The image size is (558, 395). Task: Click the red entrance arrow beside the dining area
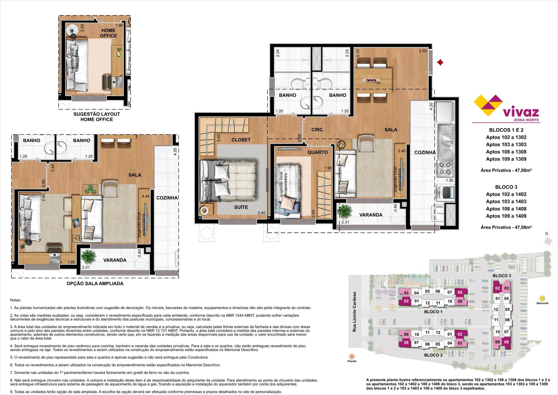coord(440,62)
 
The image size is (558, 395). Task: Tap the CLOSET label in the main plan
coord(241,140)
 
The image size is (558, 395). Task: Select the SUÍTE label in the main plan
coord(241,207)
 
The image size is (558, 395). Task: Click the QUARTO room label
coord(318,152)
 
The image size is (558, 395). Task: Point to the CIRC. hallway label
coord(318,130)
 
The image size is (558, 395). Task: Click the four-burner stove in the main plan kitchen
coord(445,168)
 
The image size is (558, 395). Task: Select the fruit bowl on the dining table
coord(371,80)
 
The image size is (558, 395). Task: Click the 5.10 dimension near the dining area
coord(358,53)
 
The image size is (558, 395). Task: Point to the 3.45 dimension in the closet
coord(219,138)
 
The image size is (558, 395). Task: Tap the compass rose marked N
coord(548,240)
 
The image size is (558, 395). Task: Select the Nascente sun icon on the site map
coord(542,298)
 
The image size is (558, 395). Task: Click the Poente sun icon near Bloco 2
coord(352,356)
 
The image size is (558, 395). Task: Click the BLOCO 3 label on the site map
coord(502,275)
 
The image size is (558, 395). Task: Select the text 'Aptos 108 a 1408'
coord(506,209)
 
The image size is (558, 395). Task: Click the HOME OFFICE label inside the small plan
coord(108,33)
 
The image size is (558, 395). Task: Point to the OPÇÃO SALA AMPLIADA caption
coord(95,284)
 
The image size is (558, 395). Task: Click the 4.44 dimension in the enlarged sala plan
coord(146,196)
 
